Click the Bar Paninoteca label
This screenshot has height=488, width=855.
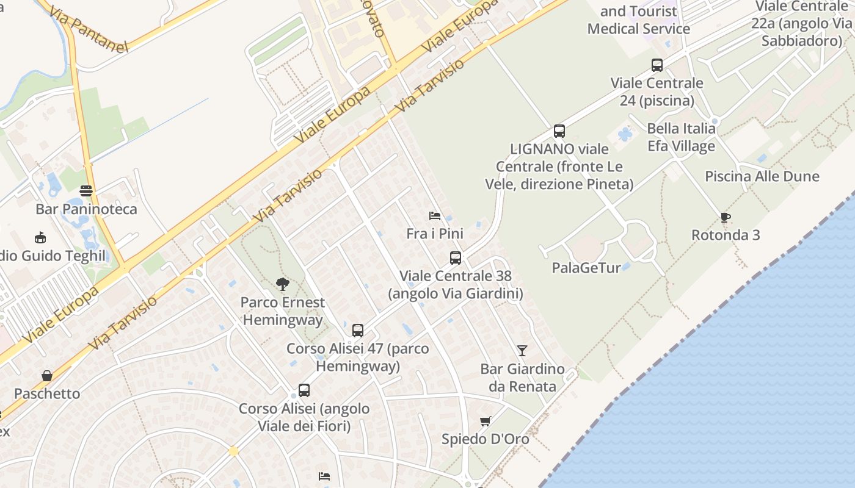(86, 209)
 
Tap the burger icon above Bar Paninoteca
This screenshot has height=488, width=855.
(86, 191)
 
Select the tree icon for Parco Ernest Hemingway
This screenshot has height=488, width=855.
(282, 284)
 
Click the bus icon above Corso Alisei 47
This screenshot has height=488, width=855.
(358, 331)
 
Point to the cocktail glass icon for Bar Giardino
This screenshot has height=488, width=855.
(522, 350)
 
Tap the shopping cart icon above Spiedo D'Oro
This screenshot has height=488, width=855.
(486, 421)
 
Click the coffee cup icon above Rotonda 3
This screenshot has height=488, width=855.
(725, 217)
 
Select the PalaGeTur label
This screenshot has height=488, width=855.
(586, 267)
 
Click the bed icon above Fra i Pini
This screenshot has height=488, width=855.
(435, 215)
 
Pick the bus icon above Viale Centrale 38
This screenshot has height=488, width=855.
(456, 257)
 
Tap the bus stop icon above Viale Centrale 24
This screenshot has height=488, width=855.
(657, 65)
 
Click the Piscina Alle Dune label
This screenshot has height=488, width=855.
(762, 176)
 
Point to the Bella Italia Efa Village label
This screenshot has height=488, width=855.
(681, 137)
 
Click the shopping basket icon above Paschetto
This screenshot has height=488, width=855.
(47, 375)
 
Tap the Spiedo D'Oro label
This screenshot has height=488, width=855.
(486, 439)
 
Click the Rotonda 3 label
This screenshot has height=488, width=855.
(726, 235)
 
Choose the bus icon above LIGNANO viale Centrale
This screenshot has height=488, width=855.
(559, 131)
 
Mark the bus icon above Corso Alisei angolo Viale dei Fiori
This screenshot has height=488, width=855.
(304, 390)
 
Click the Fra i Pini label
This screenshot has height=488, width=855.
(435, 233)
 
